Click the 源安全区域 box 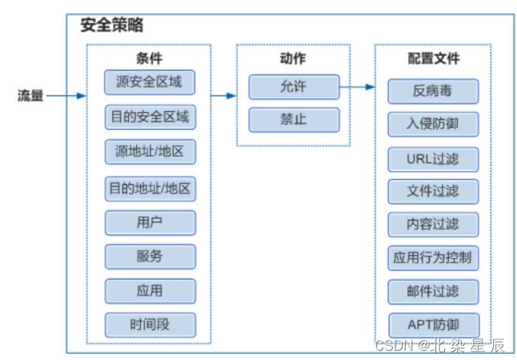tap(150, 81)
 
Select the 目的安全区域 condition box tap(150, 117)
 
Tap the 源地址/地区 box tap(150, 152)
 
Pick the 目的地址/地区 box tap(150, 187)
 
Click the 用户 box tap(150, 222)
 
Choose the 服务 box tap(150, 256)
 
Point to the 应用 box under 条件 tap(150, 291)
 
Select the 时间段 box tap(150, 325)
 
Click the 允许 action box tap(293, 86)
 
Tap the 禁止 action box tap(293, 120)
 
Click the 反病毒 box tap(432, 91)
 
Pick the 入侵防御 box tap(432, 124)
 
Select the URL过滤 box tap(432, 159)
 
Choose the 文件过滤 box tap(432, 191)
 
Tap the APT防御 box tap(432, 325)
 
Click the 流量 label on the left tap(31, 96)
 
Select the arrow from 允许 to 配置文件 tap(357, 87)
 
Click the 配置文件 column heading tap(432, 58)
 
